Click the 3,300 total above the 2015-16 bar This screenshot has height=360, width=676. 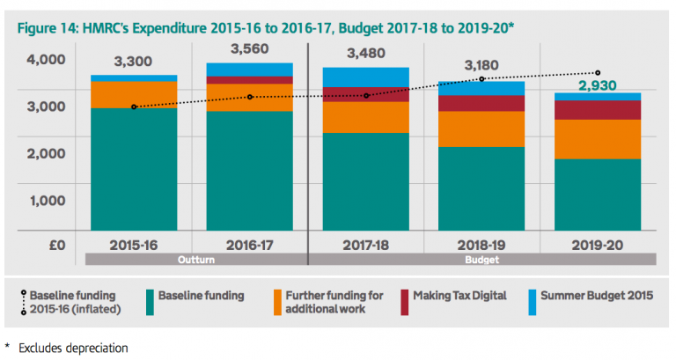tap(134, 62)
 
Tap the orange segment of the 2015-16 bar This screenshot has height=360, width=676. tap(134, 94)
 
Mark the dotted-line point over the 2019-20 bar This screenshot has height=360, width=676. tap(599, 72)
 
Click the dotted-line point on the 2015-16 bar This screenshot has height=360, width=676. tap(134, 107)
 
